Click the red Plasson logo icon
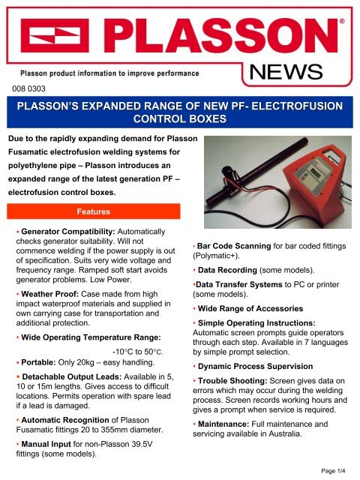point(52,37)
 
